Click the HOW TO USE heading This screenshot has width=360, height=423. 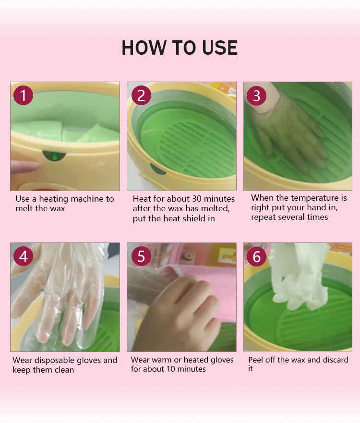180,48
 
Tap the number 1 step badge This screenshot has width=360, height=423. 23,95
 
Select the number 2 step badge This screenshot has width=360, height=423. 140,95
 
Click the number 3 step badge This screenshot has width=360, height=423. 257,95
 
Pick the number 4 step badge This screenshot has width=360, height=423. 23,256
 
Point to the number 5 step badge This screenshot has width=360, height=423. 140,256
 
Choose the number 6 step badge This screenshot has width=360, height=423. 257,256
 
